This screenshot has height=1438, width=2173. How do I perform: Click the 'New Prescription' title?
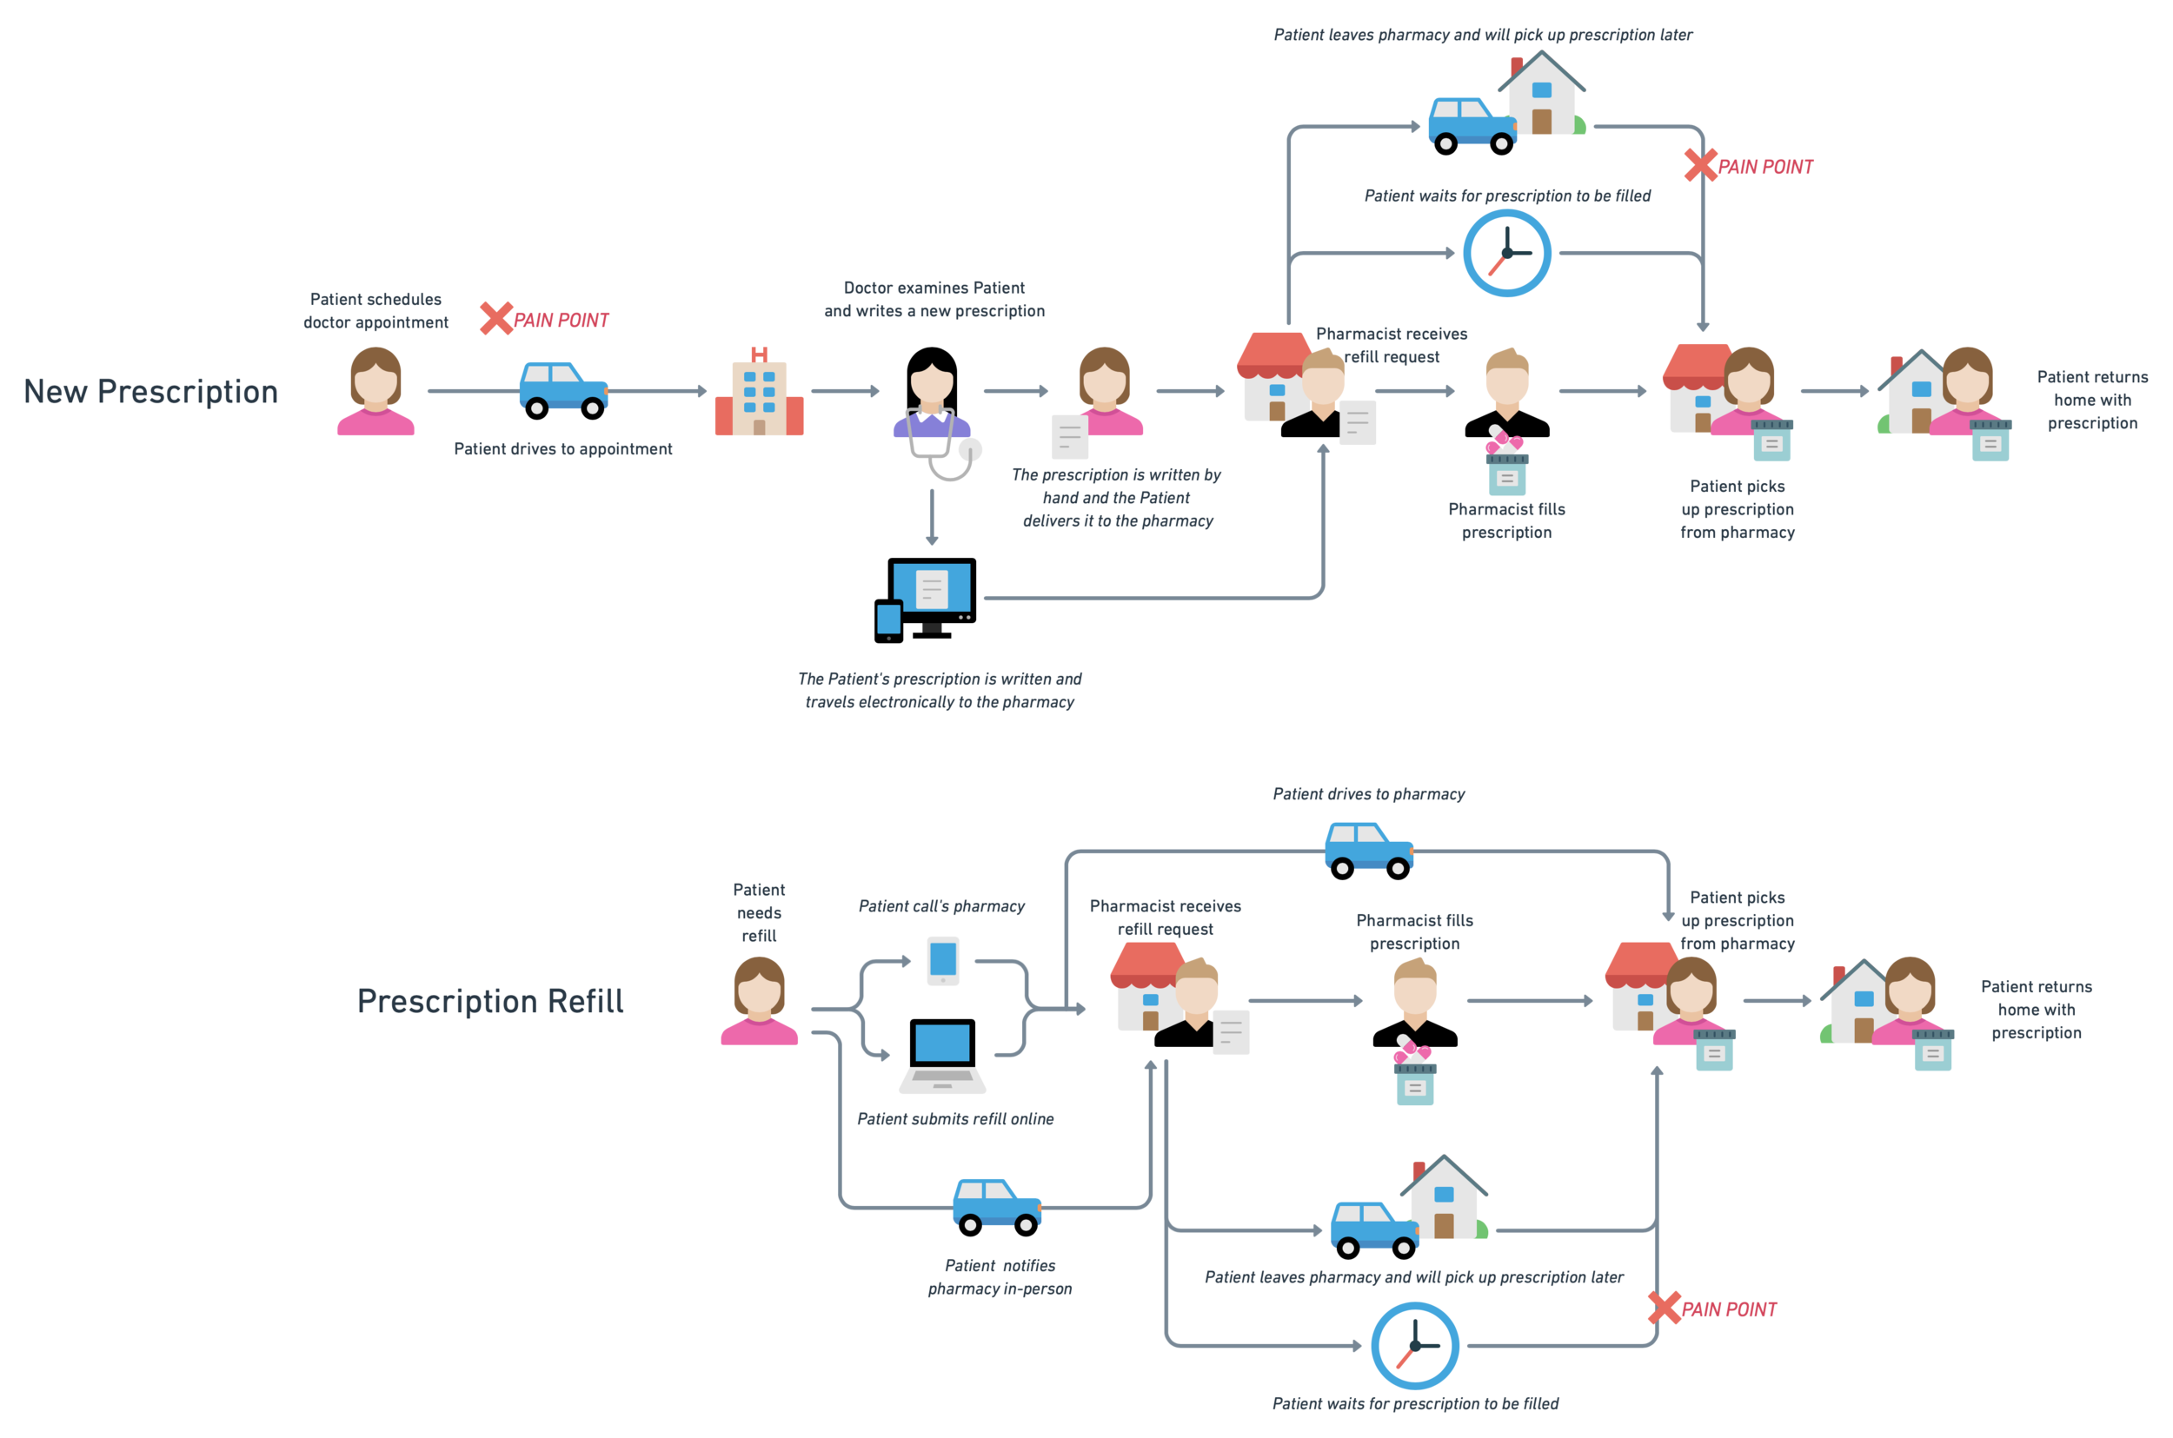pyautogui.click(x=150, y=392)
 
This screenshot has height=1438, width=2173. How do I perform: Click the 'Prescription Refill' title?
pyautogui.click(x=490, y=1002)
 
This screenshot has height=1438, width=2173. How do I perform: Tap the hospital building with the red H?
pyautogui.click(x=759, y=394)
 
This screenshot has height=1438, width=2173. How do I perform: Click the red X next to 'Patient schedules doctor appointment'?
pyautogui.click(x=495, y=318)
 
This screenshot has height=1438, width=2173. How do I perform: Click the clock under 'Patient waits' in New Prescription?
pyautogui.click(x=1506, y=253)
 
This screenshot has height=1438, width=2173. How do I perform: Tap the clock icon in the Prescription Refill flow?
pyautogui.click(x=1414, y=1345)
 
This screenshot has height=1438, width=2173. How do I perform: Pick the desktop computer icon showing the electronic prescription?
pyautogui.click(x=927, y=596)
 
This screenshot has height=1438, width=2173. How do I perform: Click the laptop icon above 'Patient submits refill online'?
pyautogui.click(x=942, y=1059)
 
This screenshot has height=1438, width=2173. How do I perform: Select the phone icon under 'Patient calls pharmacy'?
pyautogui.click(x=943, y=960)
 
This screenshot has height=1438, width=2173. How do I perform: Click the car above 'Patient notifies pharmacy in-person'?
pyautogui.click(x=997, y=1204)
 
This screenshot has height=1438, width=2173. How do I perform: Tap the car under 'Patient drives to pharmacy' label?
pyautogui.click(x=1369, y=847)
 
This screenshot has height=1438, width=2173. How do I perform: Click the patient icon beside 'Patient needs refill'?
pyautogui.click(x=759, y=1002)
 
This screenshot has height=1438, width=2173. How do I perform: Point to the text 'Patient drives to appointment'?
pyautogui.click(x=562, y=448)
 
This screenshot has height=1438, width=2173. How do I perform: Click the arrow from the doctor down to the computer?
pyautogui.click(x=932, y=518)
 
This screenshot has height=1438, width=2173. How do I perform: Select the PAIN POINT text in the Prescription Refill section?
pyautogui.click(x=1729, y=1309)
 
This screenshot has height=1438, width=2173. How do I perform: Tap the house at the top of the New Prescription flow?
pyautogui.click(x=1542, y=95)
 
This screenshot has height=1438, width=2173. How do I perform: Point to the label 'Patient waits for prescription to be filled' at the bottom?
pyautogui.click(x=1414, y=1403)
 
